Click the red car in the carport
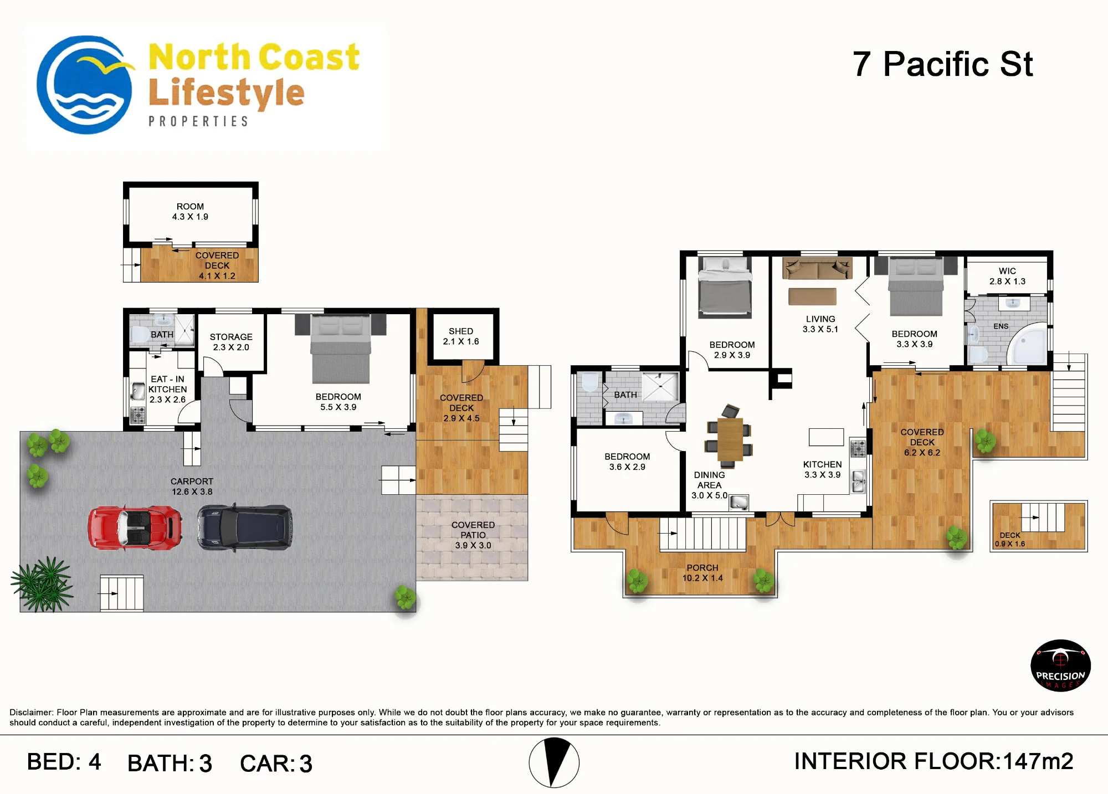[135, 527]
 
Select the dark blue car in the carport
[245, 527]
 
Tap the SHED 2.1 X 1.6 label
[461, 336]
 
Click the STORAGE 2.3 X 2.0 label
[231, 342]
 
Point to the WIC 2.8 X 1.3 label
[1007, 276]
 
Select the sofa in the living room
[817, 268]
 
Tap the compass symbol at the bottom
[554, 762]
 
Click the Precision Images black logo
[1060, 665]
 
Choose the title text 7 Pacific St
[942, 64]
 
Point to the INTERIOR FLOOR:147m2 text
[933, 761]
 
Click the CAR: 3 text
[276, 764]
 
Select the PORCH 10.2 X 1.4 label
[702, 573]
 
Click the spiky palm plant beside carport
[42, 585]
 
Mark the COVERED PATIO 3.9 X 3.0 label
[473, 535]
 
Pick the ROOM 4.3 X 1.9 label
[190, 212]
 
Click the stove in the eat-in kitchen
[137, 415]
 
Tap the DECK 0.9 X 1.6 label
[1010, 539]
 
